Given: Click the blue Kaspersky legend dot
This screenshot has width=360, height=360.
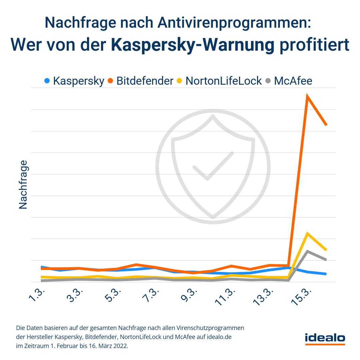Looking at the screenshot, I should [x=47, y=81].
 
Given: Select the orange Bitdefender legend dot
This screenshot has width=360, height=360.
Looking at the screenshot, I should [x=110, y=81].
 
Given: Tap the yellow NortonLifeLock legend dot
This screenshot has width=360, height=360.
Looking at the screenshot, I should [x=179, y=81].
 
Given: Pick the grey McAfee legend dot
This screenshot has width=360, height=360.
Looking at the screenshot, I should [x=268, y=81].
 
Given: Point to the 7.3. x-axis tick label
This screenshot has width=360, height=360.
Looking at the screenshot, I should [x=152, y=295].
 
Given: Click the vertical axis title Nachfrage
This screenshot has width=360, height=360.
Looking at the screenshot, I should [x=23, y=185].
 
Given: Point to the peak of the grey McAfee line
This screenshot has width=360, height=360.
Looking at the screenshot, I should [x=307, y=251].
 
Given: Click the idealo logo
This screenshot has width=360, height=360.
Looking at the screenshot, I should [x=325, y=338].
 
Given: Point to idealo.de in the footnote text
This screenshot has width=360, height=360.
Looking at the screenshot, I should [x=219, y=337].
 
